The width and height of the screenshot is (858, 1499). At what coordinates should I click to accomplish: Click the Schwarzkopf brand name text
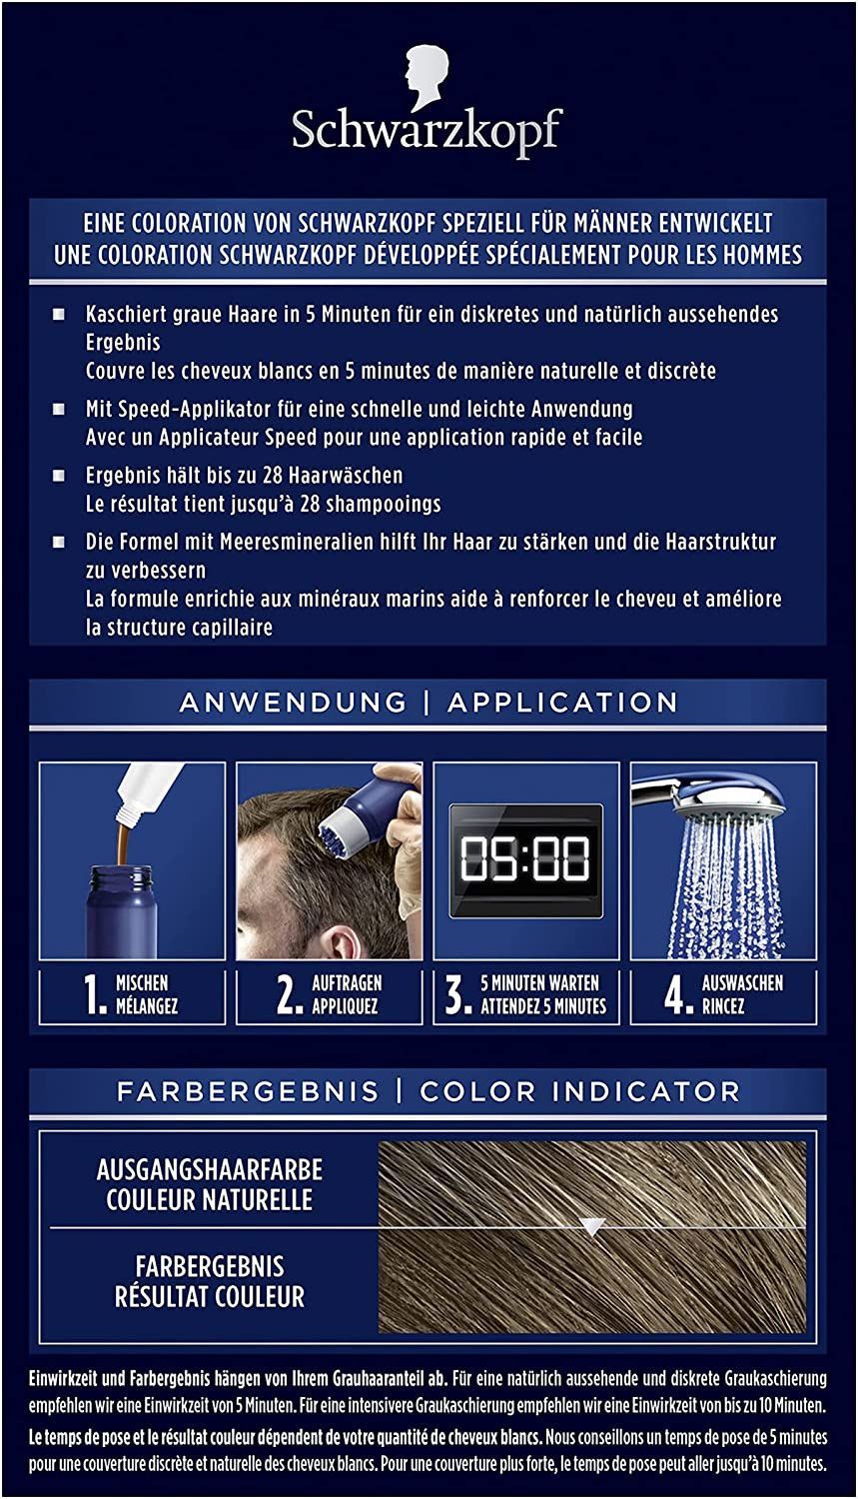[x=428, y=130]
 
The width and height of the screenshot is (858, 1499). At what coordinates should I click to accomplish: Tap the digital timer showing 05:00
[x=525, y=859]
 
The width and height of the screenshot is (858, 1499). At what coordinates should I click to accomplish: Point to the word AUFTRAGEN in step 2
[x=347, y=983]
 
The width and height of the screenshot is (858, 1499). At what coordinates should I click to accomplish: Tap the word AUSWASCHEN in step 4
[x=742, y=983]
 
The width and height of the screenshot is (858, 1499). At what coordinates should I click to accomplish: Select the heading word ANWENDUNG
[x=293, y=702]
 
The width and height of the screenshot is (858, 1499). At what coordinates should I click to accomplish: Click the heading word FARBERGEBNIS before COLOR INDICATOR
[x=248, y=1091]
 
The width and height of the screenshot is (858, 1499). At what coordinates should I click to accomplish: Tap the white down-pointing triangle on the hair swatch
[x=592, y=1226]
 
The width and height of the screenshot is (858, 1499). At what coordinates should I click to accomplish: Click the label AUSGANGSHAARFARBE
[x=210, y=1170]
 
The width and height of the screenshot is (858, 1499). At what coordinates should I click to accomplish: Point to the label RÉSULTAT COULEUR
[x=210, y=1296]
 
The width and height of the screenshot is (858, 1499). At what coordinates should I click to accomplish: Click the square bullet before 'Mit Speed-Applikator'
[x=59, y=409]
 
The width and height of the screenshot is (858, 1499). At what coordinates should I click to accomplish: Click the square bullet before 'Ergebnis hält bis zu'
[x=59, y=475]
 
